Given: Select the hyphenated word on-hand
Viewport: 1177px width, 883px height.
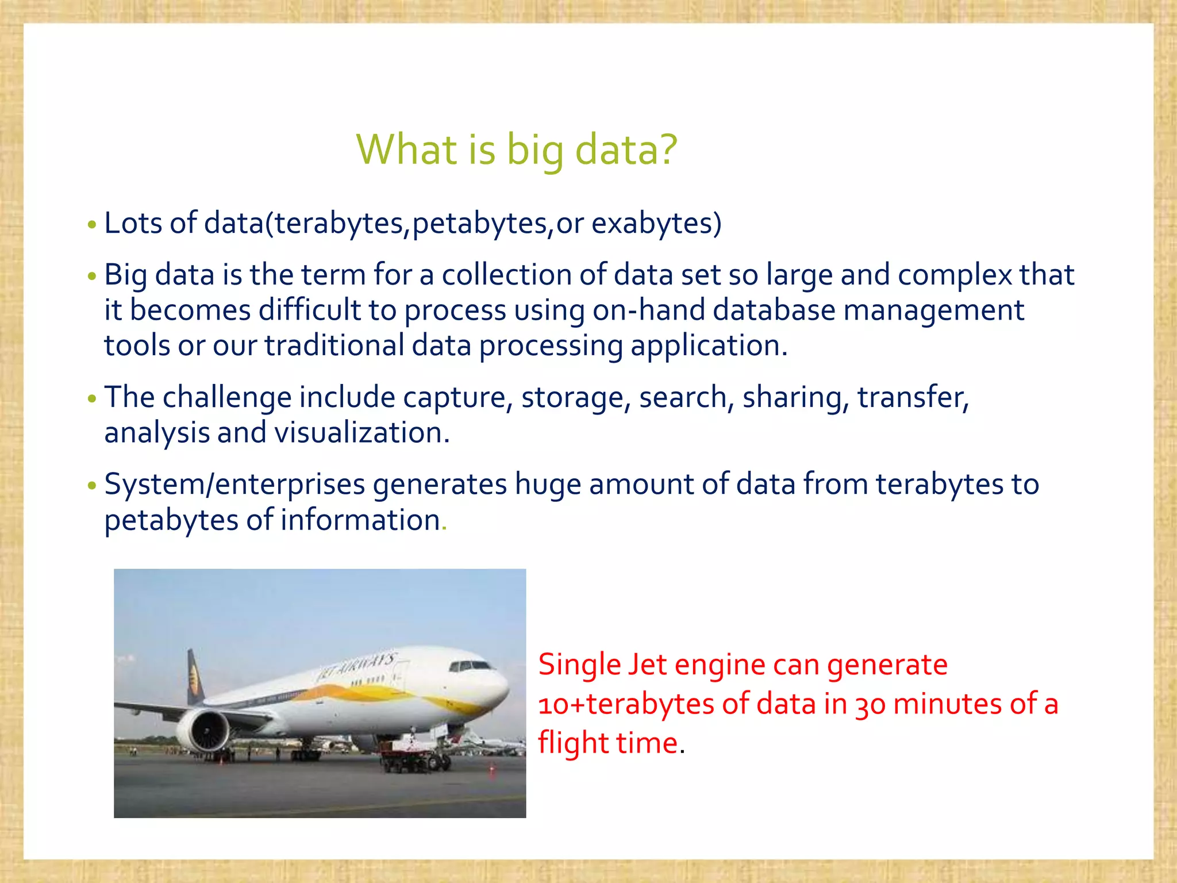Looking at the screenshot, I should click(x=649, y=310).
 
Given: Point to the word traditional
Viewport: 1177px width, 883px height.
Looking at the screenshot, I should click(x=334, y=346).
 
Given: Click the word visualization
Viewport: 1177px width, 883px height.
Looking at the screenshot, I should click(x=361, y=433).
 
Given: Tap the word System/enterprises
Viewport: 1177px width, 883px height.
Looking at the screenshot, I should click(x=234, y=485).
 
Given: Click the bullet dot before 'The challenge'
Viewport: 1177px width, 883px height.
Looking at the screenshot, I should click(x=92, y=398).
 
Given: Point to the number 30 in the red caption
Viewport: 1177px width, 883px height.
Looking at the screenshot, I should click(x=870, y=704).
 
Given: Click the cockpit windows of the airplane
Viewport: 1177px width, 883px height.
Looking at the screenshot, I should click(x=470, y=666).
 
